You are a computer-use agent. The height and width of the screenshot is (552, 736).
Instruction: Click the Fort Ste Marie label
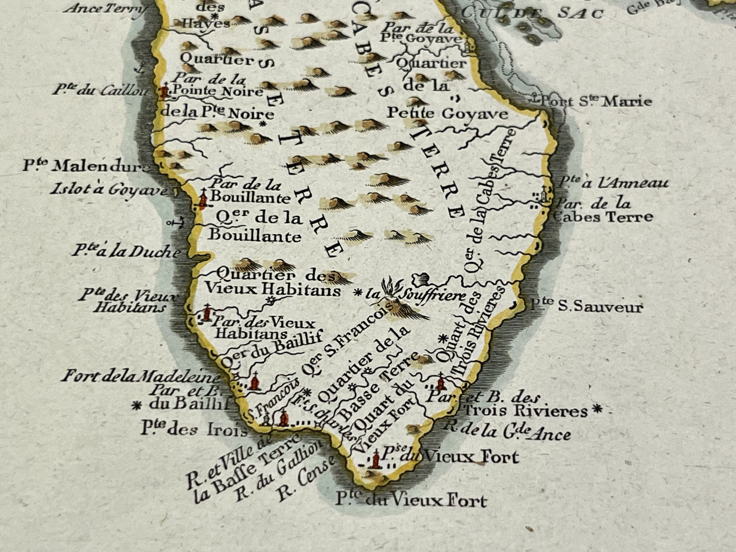[x=596, y=101]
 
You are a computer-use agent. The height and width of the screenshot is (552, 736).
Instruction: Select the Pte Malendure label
[x=87, y=166]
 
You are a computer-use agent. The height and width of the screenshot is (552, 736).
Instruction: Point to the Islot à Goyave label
[x=109, y=190]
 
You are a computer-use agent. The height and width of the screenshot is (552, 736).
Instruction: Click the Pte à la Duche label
[x=126, y=251]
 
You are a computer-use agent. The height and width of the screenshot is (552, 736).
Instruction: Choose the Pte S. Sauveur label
[x=586, y=307]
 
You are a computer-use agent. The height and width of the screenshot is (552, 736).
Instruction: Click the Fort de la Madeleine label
[x=141, y=376]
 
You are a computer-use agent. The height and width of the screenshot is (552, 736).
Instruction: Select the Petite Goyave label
[x=447, y=113]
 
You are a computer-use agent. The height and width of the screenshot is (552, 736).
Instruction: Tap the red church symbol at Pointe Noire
[x=163, y=92]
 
